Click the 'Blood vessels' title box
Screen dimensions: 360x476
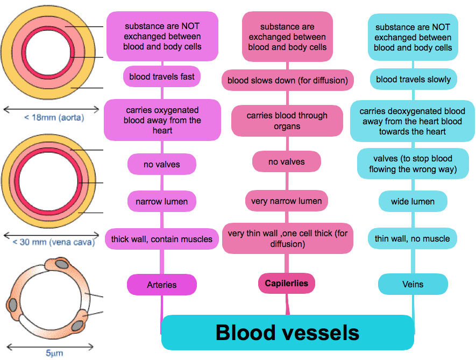287,333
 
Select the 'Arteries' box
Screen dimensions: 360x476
161,285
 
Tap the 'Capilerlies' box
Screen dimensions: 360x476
287,284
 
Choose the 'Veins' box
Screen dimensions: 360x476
413,284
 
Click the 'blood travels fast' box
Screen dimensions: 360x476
162,77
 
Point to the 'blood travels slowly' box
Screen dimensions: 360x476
413,80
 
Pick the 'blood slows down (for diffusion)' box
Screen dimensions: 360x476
287,81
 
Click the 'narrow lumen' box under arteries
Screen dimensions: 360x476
161,202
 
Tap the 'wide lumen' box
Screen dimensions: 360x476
413,202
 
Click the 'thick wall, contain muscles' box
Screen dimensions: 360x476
162,239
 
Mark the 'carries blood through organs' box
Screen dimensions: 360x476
287,121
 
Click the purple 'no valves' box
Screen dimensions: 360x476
162,164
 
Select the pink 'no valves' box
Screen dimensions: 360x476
287,162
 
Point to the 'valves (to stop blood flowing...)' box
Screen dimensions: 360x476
413,164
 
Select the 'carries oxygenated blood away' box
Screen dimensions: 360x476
162,120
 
